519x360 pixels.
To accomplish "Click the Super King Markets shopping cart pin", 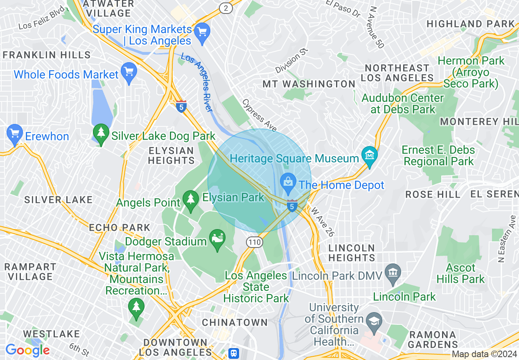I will point(202,31).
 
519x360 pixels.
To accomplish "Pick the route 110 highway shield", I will point(254,242).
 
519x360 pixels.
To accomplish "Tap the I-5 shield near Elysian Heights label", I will point(181,106).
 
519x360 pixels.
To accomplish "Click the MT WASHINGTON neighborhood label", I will point(309,84).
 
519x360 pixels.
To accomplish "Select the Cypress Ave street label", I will point(259,116).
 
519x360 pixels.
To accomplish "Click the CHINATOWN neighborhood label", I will point(235,322).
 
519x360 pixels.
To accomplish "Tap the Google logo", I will point(27,350).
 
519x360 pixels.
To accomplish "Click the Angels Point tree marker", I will point(190,201).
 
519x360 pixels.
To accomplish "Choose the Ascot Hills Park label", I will point(460,274).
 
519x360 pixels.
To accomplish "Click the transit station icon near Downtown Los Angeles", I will point(233,353).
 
